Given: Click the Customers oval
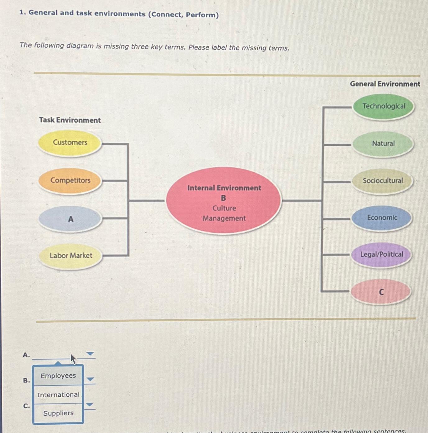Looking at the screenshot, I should [x=70, y=143].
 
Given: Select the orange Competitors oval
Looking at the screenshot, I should [x=70, y=180].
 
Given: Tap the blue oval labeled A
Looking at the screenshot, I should [x=71, y=219].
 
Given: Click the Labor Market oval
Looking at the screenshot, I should [x=71, y=256].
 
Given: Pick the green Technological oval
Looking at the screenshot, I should [x=384, y=106].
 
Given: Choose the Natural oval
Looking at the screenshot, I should [x=383, y=144].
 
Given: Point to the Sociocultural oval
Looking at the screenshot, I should [x=382, y=181].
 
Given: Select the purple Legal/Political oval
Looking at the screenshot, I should [x=381, y=254].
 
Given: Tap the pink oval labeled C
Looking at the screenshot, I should [x=381, y=292].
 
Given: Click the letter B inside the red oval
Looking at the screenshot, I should [x=223, y=198].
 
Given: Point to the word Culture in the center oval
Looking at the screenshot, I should [x=224, y=208].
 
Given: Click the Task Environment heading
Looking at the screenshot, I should [x=70, y=120].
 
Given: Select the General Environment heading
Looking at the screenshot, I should [x=385, y=84].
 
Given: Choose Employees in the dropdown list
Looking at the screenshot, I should [x=58, y=376].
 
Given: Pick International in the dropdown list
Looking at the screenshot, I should [x=58, y=395].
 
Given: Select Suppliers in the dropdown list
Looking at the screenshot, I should [x=58, y=413].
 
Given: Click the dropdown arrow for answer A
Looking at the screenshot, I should [x=90, y=354].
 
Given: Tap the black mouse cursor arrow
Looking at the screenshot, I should [x=73, y=359].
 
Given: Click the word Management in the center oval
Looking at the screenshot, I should [x=224, y=218].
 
